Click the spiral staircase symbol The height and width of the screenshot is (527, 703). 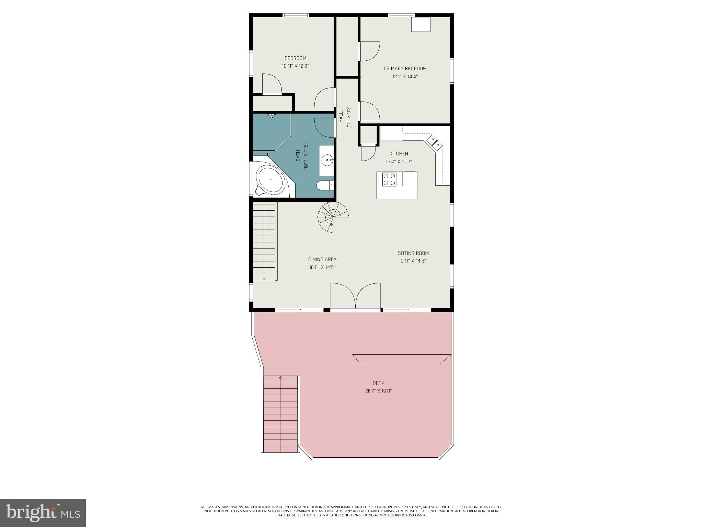[x=333, y=217]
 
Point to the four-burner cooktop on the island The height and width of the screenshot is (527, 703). [x=390, y=179]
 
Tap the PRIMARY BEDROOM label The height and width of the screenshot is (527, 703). [x=405, y=69]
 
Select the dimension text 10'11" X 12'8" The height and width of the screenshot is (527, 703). [x=295, y=66]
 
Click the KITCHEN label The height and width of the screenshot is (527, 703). [x=399, y=154]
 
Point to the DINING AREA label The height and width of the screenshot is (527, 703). [x=322, y=259]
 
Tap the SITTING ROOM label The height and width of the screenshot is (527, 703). [x=413, y=253]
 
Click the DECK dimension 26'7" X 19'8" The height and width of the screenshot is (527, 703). [x=378, y=391]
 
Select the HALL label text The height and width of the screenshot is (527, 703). [x=341, y=117]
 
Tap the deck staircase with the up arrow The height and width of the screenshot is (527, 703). [x=280, y=414]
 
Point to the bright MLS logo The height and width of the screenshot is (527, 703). [x=43, y=513]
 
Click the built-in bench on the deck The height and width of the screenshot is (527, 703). [x=402, y=359]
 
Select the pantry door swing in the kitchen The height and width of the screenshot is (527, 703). [x=368, y=153]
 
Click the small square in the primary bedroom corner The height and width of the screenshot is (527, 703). [x=421, y=24]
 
